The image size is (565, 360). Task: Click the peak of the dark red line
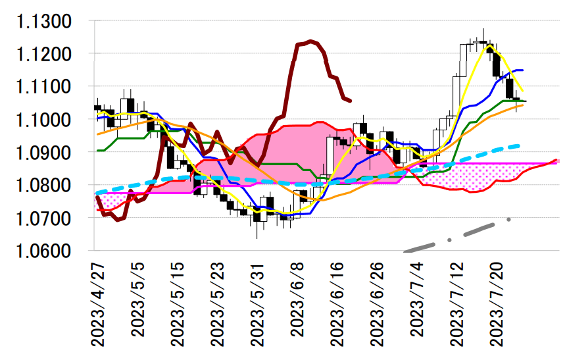[310, 41]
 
